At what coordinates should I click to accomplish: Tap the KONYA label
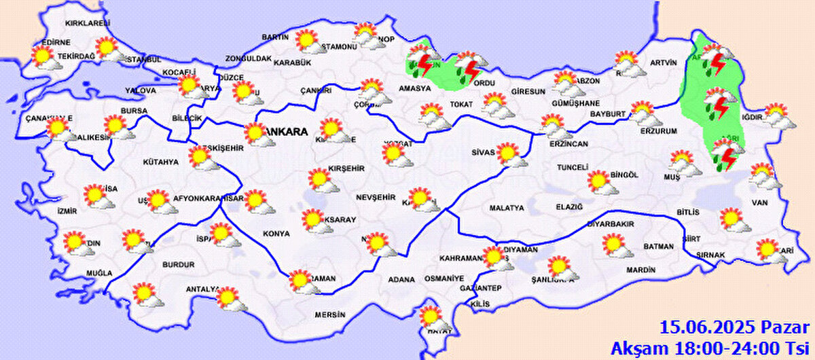(276, 234)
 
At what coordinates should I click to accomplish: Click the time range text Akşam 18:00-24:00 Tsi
(711, 348)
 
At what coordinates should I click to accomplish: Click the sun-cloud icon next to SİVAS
(511, 155)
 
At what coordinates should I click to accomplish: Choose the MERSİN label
(330, 314)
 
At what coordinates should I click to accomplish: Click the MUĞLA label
(98, 273)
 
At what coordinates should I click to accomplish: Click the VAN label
(759, 202)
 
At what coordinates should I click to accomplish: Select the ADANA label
(401, 279)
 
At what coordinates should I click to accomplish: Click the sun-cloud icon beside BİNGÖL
(601, 182)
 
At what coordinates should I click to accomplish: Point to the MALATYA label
(507, 208)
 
